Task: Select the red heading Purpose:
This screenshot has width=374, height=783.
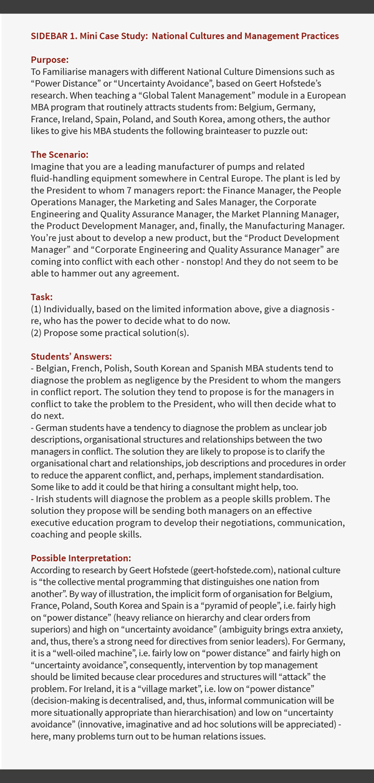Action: pyautogui.click(x=49, y=60)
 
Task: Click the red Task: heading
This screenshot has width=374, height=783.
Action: pyautogui.click(x=42, y=297)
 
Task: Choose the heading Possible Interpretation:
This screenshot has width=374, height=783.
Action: pyautogui.click(x=81, y=558)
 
